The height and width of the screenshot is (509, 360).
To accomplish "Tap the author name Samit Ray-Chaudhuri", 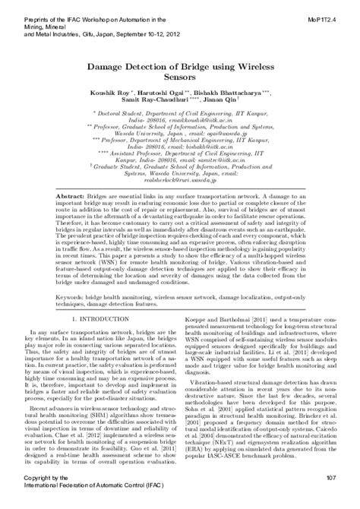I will (155, 101).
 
